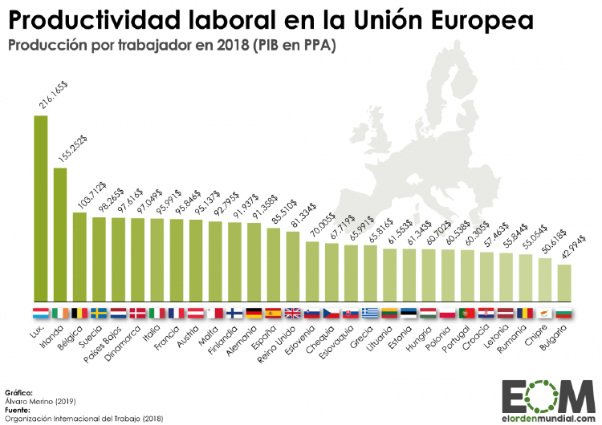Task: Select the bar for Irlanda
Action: pos(59,233)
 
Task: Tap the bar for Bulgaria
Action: pos(564,281)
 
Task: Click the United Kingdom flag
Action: pos(293,313)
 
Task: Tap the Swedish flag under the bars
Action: pos(99,313)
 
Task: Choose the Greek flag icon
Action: pos(371,313)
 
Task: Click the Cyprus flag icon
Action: pos(545,313)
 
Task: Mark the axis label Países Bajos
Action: pos(105,342)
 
